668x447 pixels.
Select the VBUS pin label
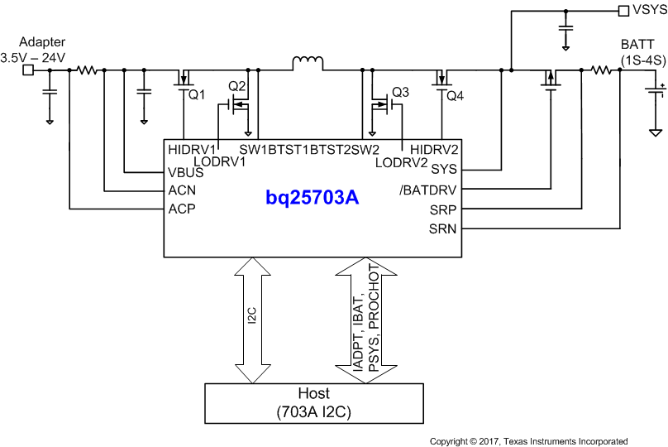(186, 173)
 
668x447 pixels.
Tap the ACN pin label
(182, 190)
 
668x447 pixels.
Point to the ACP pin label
(182, 209)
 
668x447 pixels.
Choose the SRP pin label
(442, 209)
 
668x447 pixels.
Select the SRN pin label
(442, 228)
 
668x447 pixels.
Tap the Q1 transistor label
(197, 95)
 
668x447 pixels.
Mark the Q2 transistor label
(237, 86)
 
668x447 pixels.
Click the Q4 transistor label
(456, 96)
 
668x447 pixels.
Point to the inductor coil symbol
(306, 64)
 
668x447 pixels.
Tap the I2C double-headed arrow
(253, 320)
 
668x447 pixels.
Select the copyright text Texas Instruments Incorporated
(528, 440)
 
